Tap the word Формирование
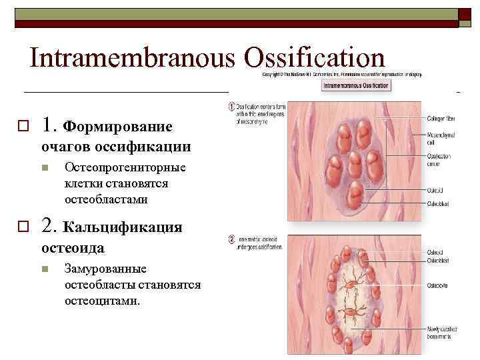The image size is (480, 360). tap(117, 127)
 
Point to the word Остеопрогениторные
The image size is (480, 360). tap(125, 168)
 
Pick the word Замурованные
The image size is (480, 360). tap(106, 269)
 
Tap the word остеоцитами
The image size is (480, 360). tap(103, 301)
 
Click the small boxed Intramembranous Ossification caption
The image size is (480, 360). tap(357, 86)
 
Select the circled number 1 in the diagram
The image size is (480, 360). tap(231, 107)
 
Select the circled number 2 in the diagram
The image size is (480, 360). tap(231, 239)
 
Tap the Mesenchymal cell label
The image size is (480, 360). tap(440, 137)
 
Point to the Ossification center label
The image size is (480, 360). tap(439, 159)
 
